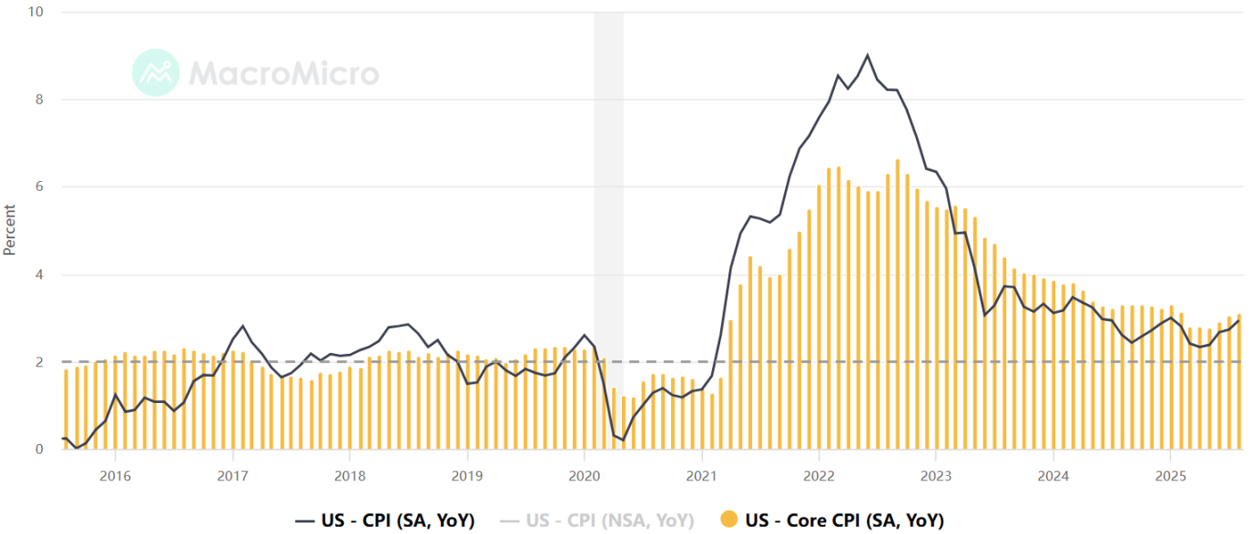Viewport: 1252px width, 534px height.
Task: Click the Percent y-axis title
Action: tap(10, 230)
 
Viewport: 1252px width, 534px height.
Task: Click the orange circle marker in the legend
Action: tap(728, 520)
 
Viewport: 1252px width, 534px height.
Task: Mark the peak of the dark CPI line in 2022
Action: tap(867, 55)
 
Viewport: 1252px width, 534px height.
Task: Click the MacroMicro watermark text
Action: tap(284, 73)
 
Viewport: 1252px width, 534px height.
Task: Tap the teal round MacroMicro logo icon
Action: tap(156, 73)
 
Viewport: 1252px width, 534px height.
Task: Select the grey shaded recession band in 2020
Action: tap(608, 227)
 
